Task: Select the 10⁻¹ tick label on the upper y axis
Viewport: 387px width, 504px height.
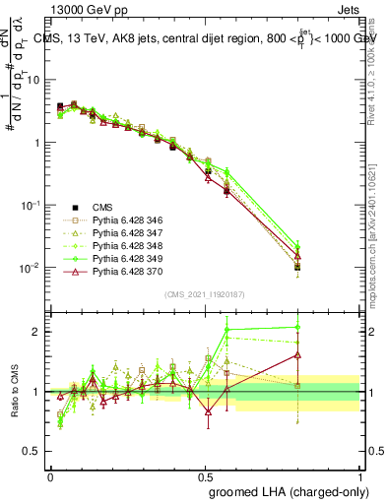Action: click(x=32, y=205)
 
